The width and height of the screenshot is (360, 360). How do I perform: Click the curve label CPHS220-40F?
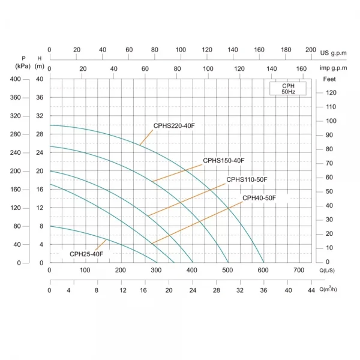tap(175, 126)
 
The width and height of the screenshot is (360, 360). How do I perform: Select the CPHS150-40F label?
tap(224, 160)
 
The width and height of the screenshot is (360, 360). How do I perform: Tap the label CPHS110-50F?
tap(247, 180)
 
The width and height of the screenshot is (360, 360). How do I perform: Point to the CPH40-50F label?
tap(259, 198)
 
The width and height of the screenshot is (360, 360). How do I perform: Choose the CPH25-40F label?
tap(86, 254)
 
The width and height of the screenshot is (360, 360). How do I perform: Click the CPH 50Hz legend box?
tap(289, 89)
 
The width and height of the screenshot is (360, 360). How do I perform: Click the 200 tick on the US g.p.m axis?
tap(311, 50)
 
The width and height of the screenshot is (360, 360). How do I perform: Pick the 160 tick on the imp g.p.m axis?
tap(302, 69)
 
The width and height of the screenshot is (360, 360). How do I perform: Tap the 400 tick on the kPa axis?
tap(15, 79)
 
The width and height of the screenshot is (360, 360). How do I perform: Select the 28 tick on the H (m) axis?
tap(40, 134)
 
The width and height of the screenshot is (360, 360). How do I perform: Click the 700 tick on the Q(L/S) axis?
tap(299, 270)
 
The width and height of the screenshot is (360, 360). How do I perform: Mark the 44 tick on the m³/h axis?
tap(311, 290)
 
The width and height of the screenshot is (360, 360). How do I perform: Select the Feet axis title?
tap(329, 79)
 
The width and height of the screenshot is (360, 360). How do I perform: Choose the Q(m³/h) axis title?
tap(329, 290)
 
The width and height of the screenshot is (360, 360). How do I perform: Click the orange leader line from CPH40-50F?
tap(198, 223)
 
